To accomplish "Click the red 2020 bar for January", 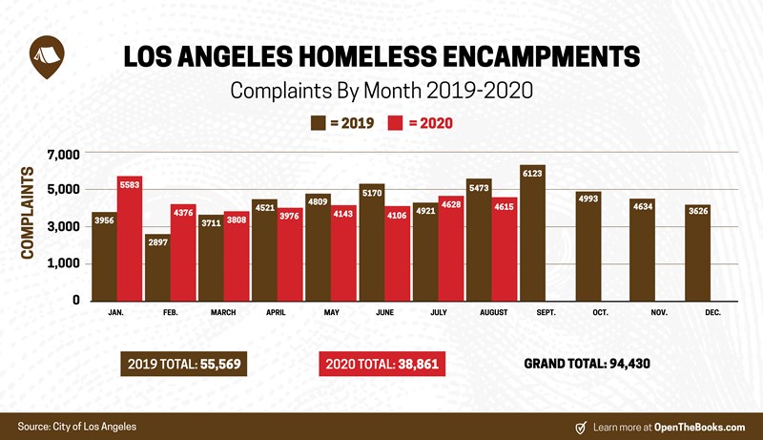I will [130, 239].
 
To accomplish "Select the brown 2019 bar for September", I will [532, 234].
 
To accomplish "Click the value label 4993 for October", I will [588, 199].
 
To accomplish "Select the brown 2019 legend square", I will [319, 123].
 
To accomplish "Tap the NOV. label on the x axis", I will [659, 312].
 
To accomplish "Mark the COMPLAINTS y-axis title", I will [29, 215].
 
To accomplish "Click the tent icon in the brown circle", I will [45, 52].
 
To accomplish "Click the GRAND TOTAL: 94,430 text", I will [587, 364].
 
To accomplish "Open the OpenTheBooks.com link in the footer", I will [700, 427].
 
